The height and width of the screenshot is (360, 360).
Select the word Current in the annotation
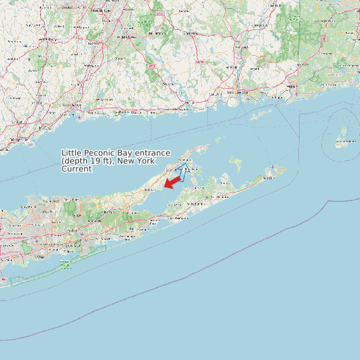pos(76,169)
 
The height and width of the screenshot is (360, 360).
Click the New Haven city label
pos(72,106)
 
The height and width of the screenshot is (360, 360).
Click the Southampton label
pos(179,217)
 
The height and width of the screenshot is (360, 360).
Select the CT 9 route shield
pos(152,67)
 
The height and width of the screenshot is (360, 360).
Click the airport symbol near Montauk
pos(272,167)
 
